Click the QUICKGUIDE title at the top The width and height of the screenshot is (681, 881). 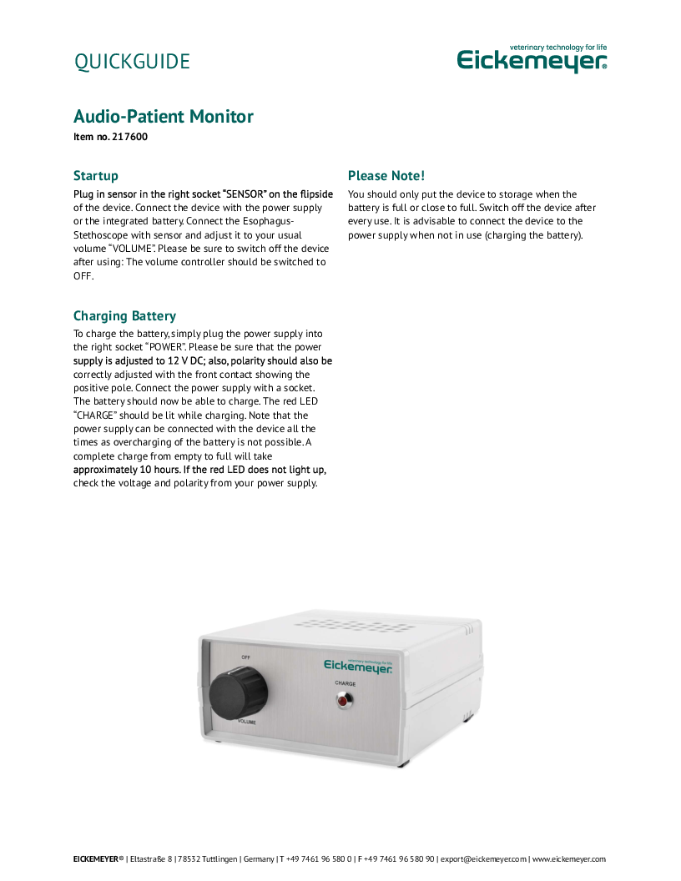132,62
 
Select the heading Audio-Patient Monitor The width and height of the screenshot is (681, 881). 164,116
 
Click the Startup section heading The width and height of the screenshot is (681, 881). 96,176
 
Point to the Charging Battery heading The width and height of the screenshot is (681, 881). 124,316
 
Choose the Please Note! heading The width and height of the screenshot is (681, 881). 386,176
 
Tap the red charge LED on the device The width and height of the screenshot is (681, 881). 343,702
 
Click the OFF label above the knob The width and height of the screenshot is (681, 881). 245,657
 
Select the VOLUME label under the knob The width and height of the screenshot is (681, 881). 247,721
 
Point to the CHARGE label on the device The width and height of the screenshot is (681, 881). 345,683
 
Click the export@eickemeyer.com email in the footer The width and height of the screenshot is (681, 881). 483,858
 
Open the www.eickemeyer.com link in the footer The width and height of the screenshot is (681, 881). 568,858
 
